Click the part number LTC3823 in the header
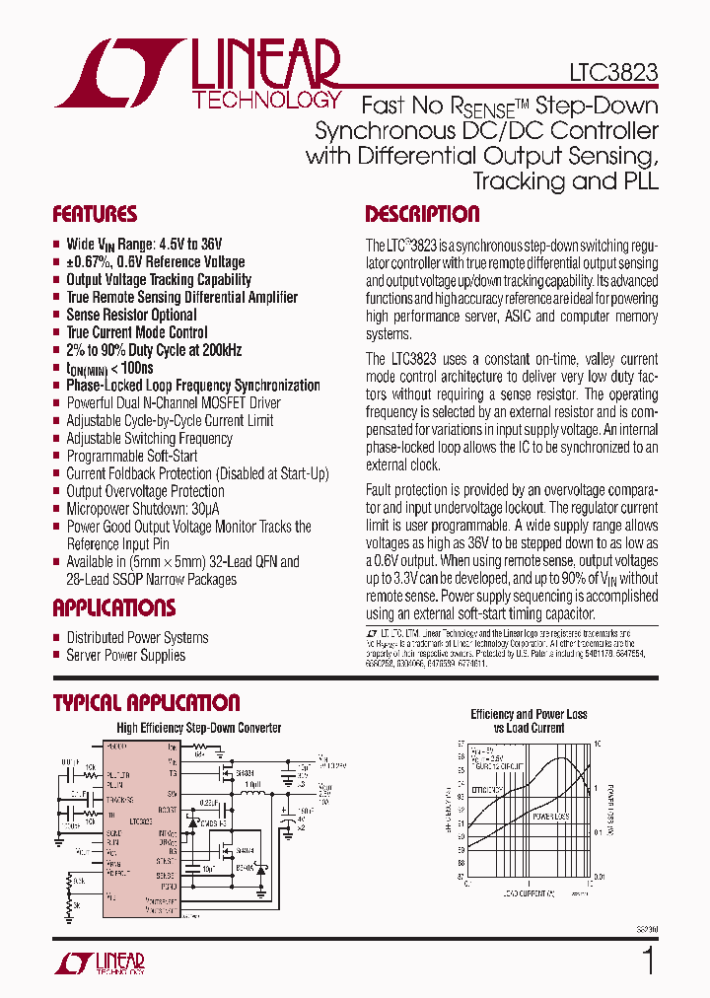(613, 73)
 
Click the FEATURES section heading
(95, 215)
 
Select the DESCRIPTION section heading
(422, 215)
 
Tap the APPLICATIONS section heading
(113, 607)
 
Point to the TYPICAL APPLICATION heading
(146, 702)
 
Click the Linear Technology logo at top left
(197, 74)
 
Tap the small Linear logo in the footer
(100, 963)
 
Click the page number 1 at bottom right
(648, 962)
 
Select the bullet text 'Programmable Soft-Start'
(131, 456)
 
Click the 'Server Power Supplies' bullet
(125, 655)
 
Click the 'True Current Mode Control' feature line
(136, 332)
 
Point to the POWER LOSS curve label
(550, 817)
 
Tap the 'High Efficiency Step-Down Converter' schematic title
(198, 728)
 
